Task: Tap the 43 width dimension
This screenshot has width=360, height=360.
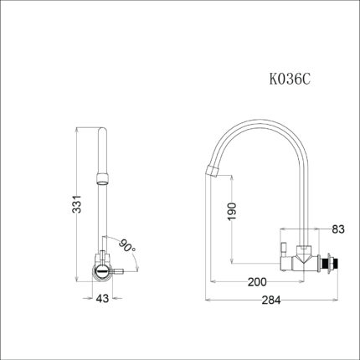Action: [x=102, y=298]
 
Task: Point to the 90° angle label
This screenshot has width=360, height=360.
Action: [x=127, y=246]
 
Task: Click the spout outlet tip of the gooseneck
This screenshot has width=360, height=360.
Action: [x=212, y=172]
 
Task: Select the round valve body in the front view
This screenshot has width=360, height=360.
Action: [x=101, y=270]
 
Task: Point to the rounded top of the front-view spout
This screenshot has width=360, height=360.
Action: [x=102, y=132]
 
